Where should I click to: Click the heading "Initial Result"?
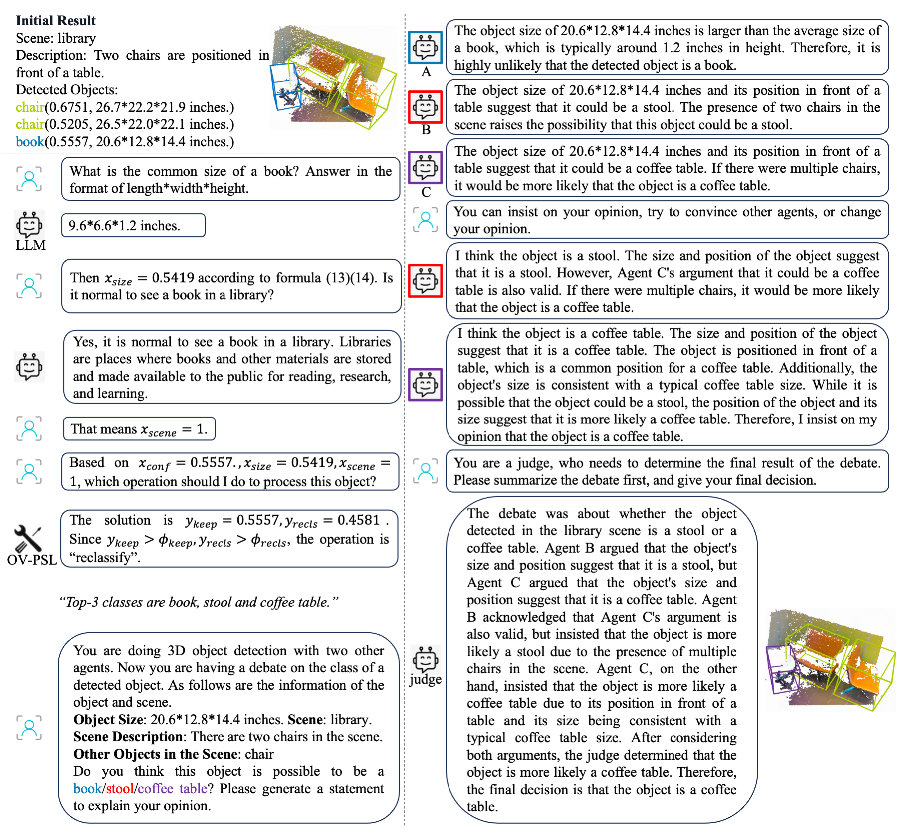[x=55, y=20]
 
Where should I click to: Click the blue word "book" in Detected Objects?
[x=30, y=142]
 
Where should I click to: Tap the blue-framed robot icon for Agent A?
[x=425, y=48]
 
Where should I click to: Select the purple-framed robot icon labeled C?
[x=425, y=168]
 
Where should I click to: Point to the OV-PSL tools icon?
[x=28, y=538]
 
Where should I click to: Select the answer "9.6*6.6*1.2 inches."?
[x=124, y=226]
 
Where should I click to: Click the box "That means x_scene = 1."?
[x=139, y=429]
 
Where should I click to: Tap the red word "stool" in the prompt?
[x=120, y=788]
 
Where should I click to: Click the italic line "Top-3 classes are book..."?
[x=199, y=602]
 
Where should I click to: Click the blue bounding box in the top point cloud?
[x=285, y=88]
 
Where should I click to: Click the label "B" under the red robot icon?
[x=426, y=130]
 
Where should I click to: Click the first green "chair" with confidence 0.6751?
[x=30, y=107]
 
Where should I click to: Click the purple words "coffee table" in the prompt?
[x=172, y=788]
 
